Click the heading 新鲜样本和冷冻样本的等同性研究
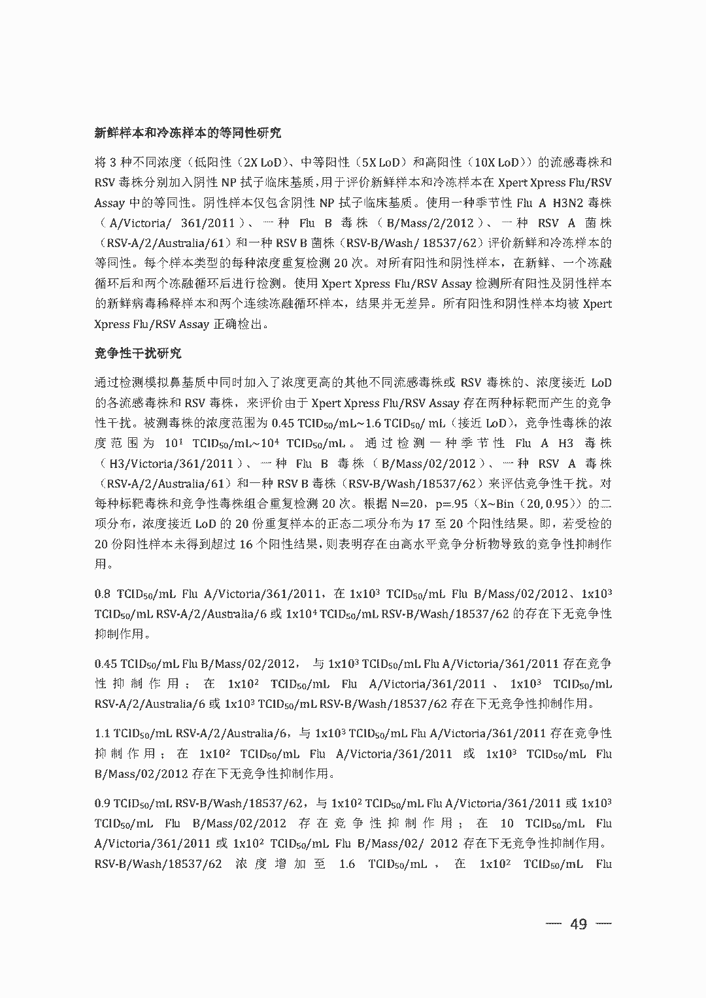point(188,133)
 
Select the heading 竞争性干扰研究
point(138,354)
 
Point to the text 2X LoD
point(261,162)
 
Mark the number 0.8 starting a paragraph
point(103,594)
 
